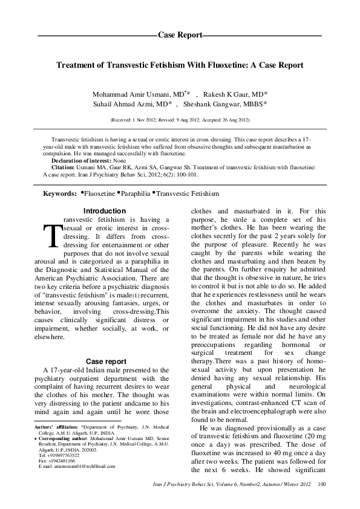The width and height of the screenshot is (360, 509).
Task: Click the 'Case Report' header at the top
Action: pos(180,36)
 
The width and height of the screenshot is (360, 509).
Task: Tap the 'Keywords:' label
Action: pos(59,193)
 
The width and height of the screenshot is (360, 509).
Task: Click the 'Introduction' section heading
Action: pos(104,210)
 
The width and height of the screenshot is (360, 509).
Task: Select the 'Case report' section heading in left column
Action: pos(106,361)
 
